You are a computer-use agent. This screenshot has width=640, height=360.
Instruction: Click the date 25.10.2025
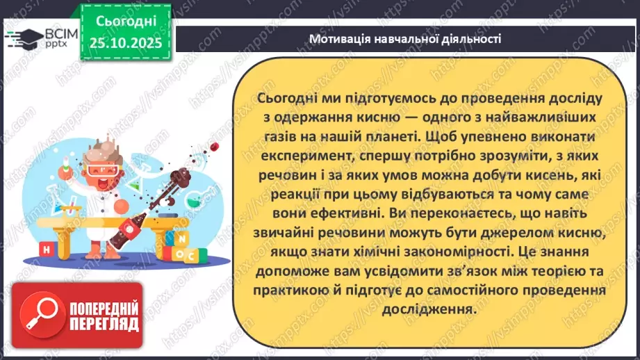[125, 43]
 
